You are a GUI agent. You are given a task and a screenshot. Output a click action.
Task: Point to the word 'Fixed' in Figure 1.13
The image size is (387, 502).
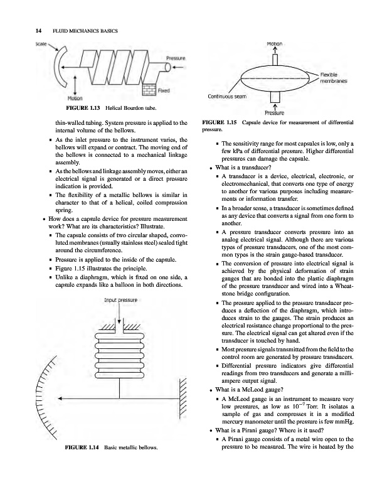click(165, 90)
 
